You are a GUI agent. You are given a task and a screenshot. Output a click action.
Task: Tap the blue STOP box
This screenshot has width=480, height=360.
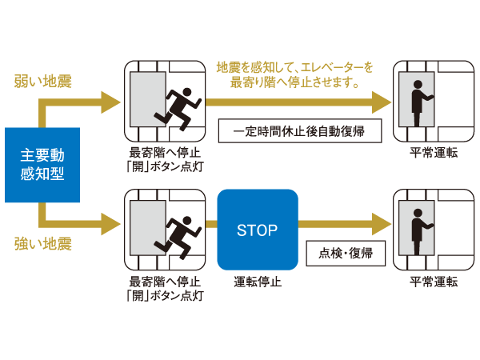click(x=257, y=230)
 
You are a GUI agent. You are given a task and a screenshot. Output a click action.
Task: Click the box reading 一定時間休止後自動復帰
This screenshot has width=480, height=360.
click(x=298, y=130)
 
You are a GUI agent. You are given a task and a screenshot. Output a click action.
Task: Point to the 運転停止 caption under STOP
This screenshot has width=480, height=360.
click(x=257, y=282)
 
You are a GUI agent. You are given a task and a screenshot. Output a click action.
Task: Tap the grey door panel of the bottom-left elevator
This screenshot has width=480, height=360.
click(x=147, y=230)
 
